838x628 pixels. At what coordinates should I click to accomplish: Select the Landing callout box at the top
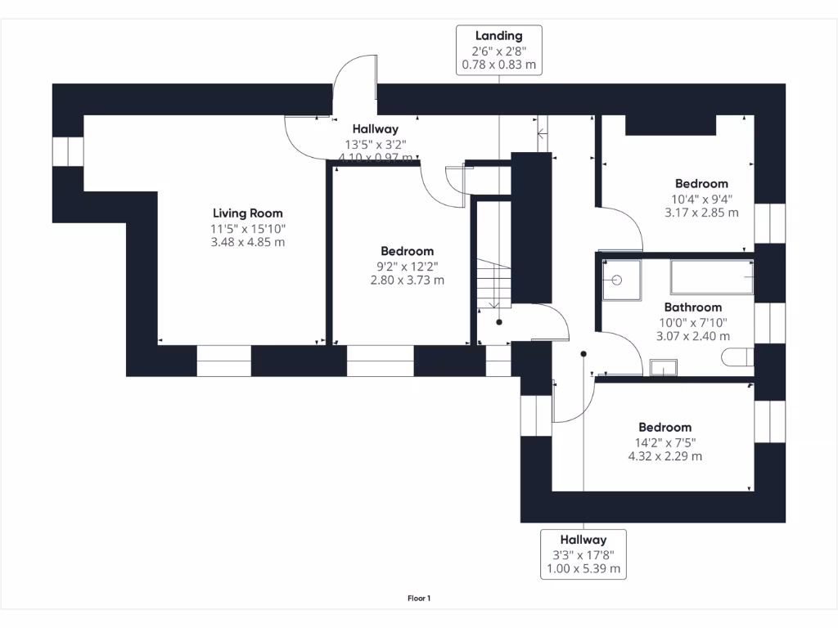click(x=498, y=50)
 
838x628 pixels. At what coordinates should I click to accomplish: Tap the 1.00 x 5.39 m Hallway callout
click(x=583, y=554)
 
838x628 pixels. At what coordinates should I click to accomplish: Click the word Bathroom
click(x=692, y=307)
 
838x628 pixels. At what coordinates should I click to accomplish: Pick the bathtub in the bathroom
click(x=711, y=277)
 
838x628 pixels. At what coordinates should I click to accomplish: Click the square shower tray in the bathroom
click(x=621, y=278)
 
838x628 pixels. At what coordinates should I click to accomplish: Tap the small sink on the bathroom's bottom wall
click(x=664, y=367)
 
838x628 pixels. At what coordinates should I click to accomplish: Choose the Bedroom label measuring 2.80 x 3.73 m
click(x=407, y=251)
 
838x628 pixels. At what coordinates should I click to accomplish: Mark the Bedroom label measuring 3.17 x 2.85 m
click(x=701, y=184)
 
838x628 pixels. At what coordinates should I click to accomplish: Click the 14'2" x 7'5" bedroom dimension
click(x=665, y=442)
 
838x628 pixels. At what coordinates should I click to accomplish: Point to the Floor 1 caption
click(x=419, y=599)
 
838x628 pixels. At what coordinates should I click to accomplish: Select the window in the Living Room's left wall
click(x=68, y=152)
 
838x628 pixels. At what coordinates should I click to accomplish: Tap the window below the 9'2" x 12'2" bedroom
click(x=381, y=361)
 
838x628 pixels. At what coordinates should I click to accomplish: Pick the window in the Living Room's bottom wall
click(x=223, y=361)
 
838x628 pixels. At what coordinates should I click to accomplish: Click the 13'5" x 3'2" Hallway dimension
click(x=376, y=144)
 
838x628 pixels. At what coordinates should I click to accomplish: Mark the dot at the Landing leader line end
click(x=499, y=322)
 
